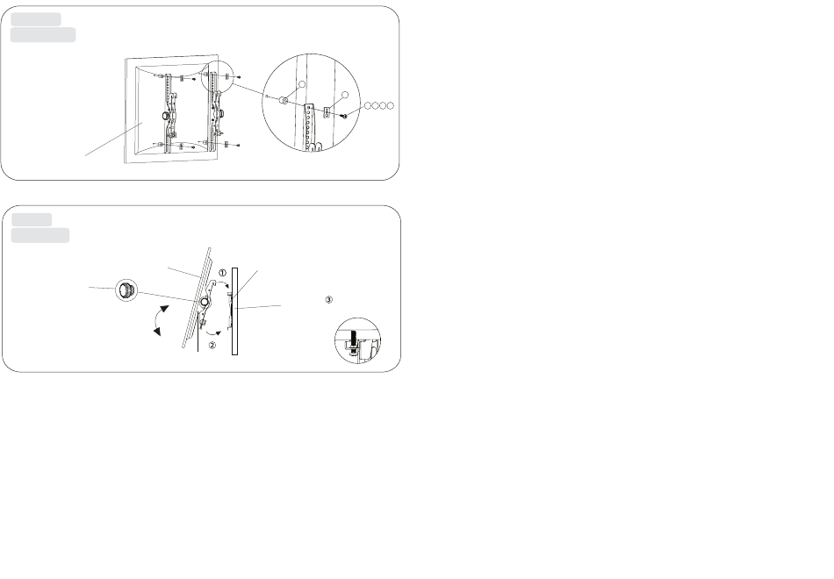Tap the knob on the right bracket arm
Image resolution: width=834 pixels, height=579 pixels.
(219, 112)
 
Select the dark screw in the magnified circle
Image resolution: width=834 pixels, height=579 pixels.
(345, 116)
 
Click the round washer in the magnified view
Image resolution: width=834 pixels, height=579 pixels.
(284, 101)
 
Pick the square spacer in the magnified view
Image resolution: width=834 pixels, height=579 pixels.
(327, 111)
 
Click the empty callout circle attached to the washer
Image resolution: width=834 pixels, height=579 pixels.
(302, 84)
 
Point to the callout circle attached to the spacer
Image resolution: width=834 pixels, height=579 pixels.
(345, 95)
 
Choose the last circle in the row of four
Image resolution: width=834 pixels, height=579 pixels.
(391, 106)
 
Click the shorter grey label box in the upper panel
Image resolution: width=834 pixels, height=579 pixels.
(36, 19)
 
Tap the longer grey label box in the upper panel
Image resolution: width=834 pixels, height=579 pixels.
(43, 35)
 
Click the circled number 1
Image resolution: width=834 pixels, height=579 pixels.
(223, 273)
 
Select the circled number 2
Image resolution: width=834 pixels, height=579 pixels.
(212, 345)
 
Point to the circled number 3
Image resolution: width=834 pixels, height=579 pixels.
(328, 300)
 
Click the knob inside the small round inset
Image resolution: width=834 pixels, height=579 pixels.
(126, 289)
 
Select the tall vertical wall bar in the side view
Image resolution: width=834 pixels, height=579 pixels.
(234, 311)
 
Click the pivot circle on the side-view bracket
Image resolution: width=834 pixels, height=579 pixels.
(205, 302)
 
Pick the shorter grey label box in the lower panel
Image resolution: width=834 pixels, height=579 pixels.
(32, 219)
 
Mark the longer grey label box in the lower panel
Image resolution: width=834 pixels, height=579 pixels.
(40, 235)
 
